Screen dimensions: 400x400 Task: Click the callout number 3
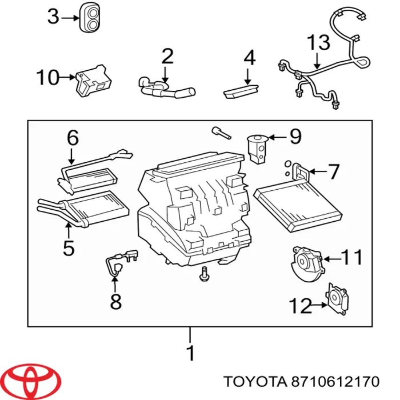tap(53, 18)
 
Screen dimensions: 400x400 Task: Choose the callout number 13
tap(318, 42)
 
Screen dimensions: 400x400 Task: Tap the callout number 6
tap(72, 138)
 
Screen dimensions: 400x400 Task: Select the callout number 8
tap(115, 301)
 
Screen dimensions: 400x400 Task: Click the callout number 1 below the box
tap(191, 352)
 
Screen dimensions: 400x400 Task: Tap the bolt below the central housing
tap(204, 274)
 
